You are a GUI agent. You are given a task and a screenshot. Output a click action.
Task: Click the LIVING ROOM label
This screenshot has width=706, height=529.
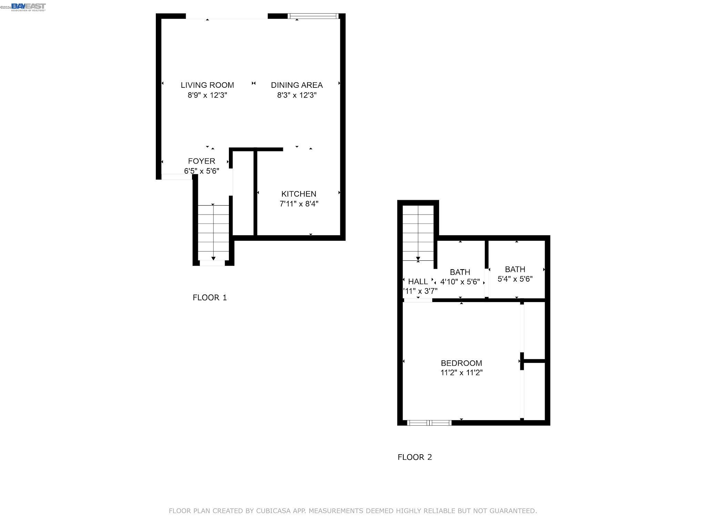point(207,85)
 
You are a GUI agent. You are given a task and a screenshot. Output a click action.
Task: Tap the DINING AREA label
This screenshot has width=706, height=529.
point(296,85)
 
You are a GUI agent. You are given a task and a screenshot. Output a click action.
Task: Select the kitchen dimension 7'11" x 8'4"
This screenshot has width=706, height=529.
point(299,204)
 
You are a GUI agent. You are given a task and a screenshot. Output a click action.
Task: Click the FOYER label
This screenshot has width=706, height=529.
point(201,161)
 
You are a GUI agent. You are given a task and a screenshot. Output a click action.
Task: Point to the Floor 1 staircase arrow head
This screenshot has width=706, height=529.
point(213,258)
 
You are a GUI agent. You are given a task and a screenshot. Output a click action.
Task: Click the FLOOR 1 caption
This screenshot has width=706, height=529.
point(210,298)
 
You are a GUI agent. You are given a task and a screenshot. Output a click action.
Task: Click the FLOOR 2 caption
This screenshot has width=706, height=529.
point(414,457)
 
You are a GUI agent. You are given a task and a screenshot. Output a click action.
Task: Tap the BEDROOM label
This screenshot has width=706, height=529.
point(461,363)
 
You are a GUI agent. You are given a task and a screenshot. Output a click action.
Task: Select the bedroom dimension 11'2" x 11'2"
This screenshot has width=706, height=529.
point(461,373)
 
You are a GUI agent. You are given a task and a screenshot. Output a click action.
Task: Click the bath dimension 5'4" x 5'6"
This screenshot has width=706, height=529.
point(515,279)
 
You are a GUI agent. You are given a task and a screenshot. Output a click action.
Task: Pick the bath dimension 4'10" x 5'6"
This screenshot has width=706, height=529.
point(460,282)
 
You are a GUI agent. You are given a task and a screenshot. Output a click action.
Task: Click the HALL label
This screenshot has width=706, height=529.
point(418,282)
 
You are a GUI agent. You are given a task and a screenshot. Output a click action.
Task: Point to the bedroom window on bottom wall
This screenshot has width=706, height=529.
point(429,423)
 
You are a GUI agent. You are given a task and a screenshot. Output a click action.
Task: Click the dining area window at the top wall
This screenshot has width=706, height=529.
point(313,16)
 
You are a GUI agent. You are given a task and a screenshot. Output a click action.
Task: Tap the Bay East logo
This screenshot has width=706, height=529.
point(28,7)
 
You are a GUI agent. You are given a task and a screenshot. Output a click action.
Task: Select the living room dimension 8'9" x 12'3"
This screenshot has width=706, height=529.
point(207,95)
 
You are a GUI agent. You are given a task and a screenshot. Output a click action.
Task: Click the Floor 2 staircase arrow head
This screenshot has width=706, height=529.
point(418,258)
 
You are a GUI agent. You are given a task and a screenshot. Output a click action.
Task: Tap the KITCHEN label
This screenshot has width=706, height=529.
point(299,194)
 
